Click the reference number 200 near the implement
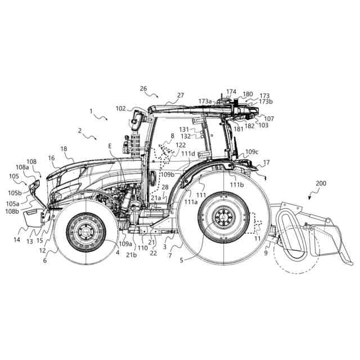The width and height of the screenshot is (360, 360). click(x=320, y=184)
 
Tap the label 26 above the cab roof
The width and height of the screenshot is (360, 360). click(x=143, y=88)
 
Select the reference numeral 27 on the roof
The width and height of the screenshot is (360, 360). click(x=180, y=96)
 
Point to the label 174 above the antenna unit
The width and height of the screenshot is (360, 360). click(x=231, y=91)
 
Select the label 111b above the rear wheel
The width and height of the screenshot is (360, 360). click(x=237, y=184)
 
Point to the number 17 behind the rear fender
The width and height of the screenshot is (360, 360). click(x=266, y=163)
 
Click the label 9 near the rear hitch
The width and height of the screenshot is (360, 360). click(x=265, y=253)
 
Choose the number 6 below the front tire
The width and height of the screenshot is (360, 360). click(x=45, y=260)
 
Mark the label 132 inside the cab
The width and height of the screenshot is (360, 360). click(x=186, y=136)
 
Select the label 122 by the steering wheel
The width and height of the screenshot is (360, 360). click(x=180, y=145)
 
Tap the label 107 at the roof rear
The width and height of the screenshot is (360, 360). click(x=269, y=119)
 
